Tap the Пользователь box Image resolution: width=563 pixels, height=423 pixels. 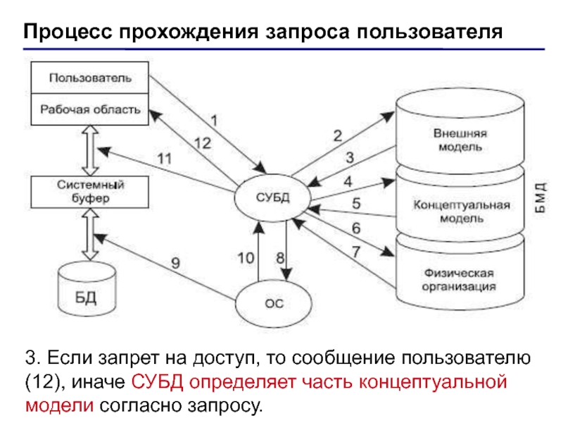90,78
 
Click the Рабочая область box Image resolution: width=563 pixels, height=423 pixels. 90,110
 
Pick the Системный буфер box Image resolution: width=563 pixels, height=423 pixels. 90,192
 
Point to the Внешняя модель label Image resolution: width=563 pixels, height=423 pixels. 458,140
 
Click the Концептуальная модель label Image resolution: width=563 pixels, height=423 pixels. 461,211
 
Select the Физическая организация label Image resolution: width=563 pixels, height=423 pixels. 458,279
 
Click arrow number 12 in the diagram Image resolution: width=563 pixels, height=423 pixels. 202,143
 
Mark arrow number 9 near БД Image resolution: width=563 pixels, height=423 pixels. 175,264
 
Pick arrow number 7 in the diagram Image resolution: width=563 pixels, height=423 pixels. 356,251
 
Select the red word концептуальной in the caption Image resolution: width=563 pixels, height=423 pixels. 434,381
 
